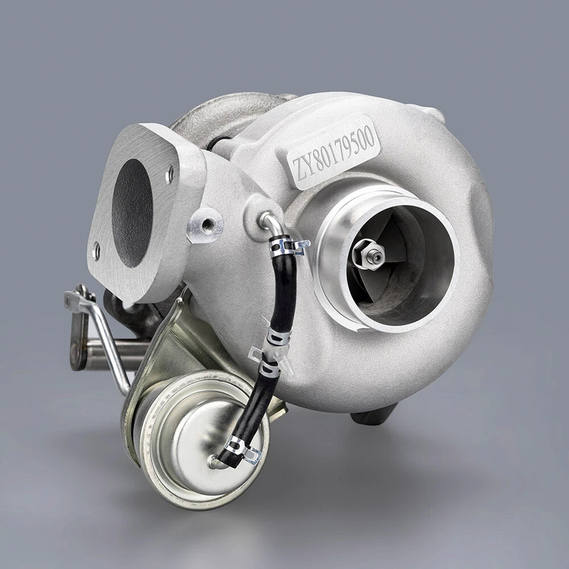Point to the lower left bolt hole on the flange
click(x=97, y=251)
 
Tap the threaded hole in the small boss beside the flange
click(x=207, y=225)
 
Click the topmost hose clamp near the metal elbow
click(x=284, y=244)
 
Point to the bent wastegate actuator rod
click(x=110, y=338)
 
